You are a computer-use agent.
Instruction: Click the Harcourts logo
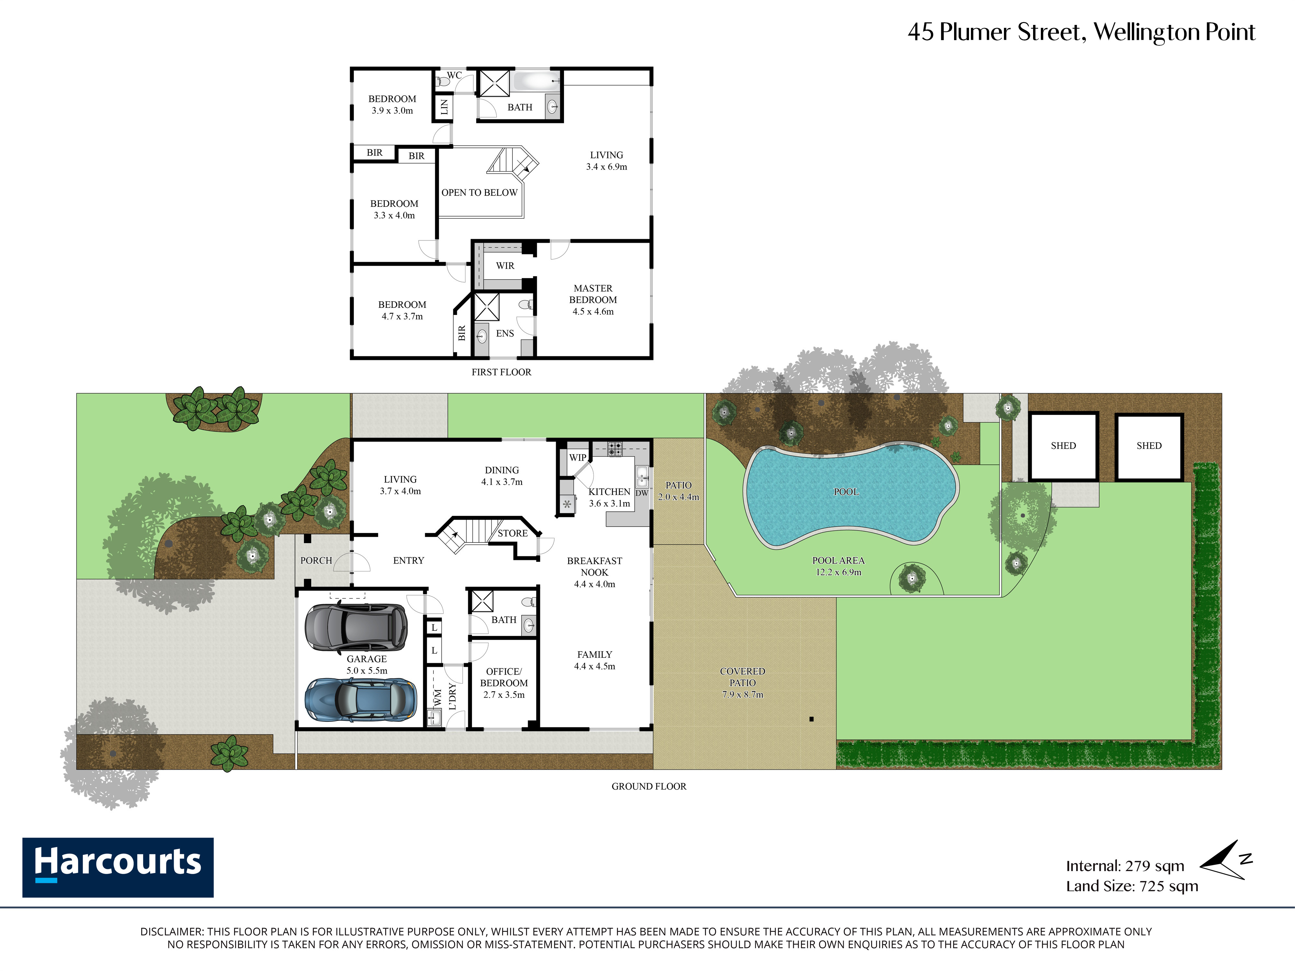point(118,867)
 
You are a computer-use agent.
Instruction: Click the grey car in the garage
point(356,628)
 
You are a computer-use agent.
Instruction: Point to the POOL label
point(846,492)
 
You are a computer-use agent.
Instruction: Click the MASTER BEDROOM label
point(593,294)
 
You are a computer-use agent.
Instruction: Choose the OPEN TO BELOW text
point(479,193)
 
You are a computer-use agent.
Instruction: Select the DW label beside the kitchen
point(642,493)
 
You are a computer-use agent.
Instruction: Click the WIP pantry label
point(578,458)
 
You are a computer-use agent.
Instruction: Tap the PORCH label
point(316,560)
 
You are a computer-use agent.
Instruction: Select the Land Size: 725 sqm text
point(1132,886)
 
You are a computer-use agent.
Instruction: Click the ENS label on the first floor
point(505,334)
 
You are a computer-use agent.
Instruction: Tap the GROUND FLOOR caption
point(649,786)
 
